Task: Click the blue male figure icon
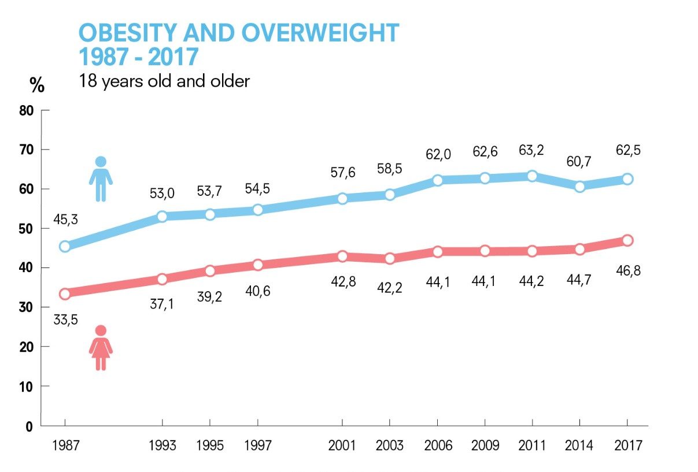(101, 179)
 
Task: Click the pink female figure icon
(101, 348)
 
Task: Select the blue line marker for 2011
(532, 176)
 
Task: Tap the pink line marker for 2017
(627, 240)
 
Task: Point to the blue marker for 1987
(65, 246)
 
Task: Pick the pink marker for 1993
(162, 279)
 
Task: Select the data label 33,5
(65, 319)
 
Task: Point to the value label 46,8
(627, 270)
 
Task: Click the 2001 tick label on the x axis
(342, 446)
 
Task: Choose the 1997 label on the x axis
(258, 446)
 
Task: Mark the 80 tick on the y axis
(27, 110)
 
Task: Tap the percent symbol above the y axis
(37, 86)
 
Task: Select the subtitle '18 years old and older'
(164, 81)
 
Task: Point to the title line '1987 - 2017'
(138, 57)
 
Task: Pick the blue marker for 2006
(437, 180)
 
